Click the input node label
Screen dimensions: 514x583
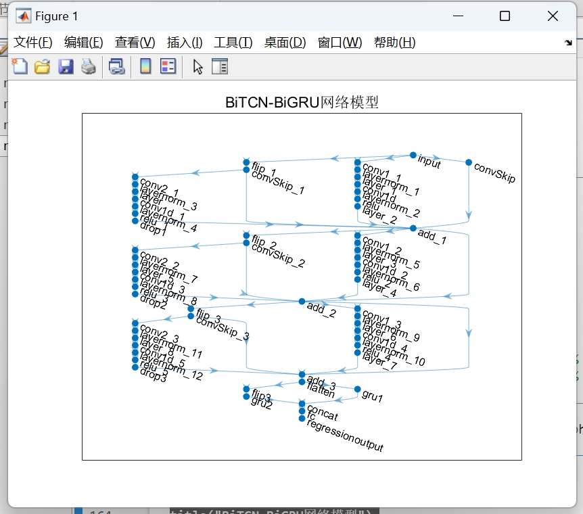coord(429,161)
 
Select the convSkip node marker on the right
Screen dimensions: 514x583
coord(469,162)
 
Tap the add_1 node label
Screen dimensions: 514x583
coord(432,236)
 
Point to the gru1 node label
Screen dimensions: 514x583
coord(373,396)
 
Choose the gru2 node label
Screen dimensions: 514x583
coord(261,404)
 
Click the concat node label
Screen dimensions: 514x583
coord(322,413)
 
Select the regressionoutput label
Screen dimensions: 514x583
coord(345,436)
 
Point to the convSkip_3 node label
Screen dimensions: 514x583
coord(223,328)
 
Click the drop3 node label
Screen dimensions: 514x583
coord(153,375)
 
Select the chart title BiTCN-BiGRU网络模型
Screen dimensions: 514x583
coord(302,103)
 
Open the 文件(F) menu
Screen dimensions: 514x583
coord(33,43)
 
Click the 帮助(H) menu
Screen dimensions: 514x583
coord(394,43)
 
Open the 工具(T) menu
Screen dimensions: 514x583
coord(233,43)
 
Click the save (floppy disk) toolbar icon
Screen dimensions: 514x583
coord(66,66)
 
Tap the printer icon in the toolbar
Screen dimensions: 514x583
coord(89,66)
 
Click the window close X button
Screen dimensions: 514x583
coord(553,16)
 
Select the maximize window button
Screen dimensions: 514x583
coord(505,16)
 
